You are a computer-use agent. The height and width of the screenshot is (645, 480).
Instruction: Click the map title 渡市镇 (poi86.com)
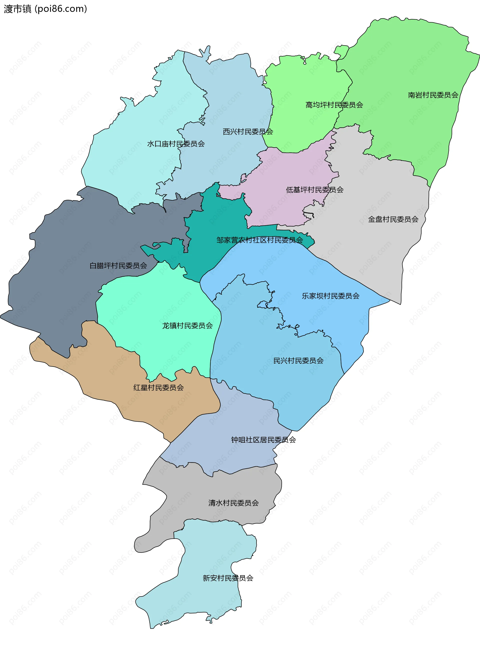pos(45,9)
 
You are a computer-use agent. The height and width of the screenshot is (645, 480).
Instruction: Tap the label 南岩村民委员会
pos(433,95)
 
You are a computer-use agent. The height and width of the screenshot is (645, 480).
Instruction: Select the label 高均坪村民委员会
pos(334,105)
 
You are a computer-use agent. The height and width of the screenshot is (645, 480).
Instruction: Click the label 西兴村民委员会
pos(248,132)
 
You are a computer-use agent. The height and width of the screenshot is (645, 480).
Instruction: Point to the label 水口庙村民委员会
pos(176,144)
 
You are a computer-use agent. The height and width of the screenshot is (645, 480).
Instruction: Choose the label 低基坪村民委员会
pos(315,190)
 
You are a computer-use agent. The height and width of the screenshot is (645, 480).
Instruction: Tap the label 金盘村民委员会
pos(393,219)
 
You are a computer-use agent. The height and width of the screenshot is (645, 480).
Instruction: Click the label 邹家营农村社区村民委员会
pos(259,240)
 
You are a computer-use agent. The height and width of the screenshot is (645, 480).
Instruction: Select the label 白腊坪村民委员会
pos(118,265)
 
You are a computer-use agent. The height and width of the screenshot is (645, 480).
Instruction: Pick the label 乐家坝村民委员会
pos(331,296)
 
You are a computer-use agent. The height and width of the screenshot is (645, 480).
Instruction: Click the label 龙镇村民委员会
pos(187,326)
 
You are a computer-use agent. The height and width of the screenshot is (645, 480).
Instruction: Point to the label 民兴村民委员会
pos(298,361)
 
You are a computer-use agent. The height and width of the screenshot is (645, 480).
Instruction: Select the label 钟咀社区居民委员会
pos(263,440)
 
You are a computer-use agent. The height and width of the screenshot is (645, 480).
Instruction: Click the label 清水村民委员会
pos(233,503)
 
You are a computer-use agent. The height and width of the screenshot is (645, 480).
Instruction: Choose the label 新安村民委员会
pos(228,578)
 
